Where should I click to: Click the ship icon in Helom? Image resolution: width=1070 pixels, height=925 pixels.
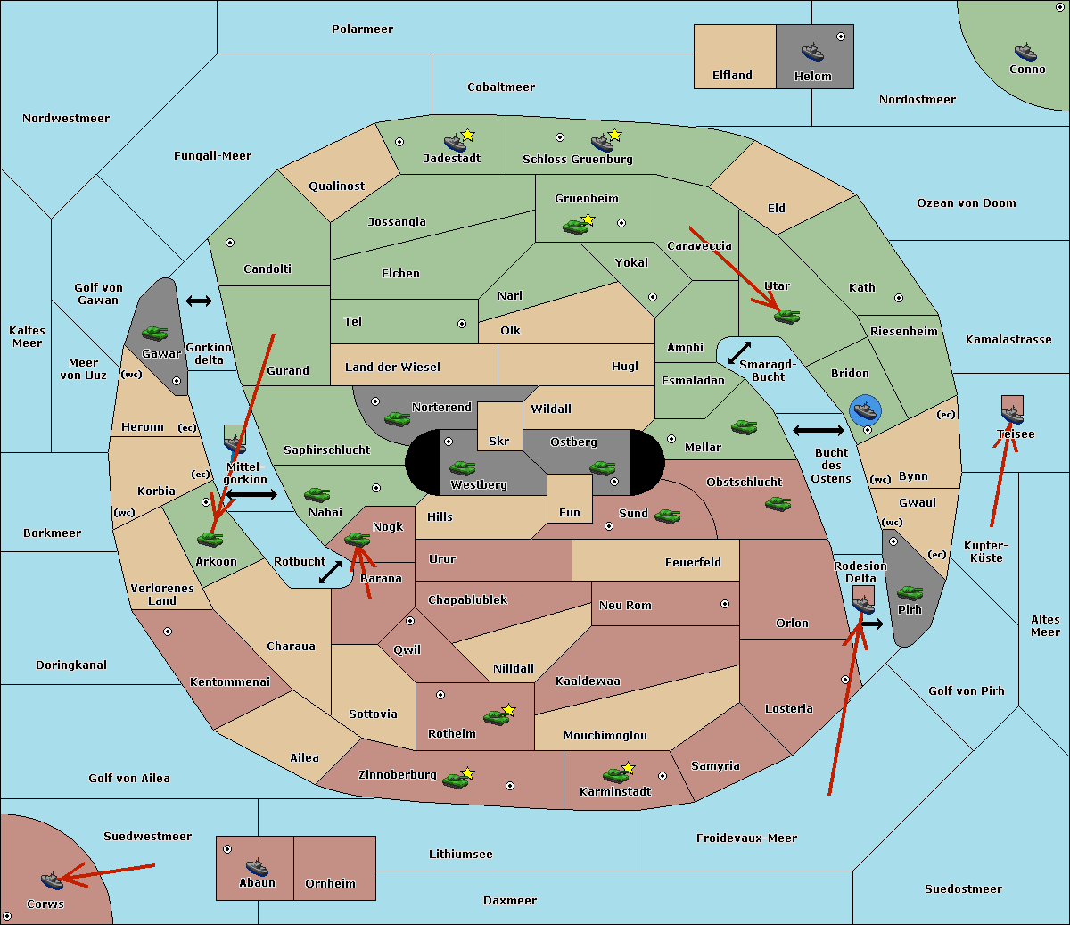(x=812, y=53)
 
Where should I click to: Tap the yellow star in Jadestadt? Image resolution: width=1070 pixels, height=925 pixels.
(x=467, y=135)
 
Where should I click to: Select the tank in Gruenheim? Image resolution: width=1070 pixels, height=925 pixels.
(x=575, y=227)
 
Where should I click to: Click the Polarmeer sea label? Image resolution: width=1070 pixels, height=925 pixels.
(x=362, y=29)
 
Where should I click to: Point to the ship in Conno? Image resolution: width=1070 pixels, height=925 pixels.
(x=1025, y=53)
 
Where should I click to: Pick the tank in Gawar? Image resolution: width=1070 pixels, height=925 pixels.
(x=155, y=333)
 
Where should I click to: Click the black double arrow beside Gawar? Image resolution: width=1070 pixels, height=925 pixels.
(x=199, y=301)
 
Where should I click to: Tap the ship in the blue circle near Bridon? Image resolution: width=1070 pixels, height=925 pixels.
(x=865, y=410)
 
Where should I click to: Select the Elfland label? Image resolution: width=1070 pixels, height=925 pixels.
(x=732, y=76)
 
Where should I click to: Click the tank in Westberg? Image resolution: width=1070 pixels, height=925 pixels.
(x=462, y=467)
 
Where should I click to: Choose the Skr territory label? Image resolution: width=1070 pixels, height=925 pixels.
(x=498, y=441)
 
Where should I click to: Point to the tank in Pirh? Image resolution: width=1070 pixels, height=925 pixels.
(x=909, y=592)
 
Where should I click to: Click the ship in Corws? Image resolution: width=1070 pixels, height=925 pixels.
(x=53, y=880)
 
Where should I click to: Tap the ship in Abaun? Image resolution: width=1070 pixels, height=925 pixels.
(x=258, y=867)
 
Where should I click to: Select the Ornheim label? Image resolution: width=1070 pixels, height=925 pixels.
(x=330, y=884)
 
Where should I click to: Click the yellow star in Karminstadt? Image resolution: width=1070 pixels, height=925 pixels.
(x=628, y=767)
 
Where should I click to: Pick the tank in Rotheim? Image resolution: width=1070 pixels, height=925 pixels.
(x=496, y=717)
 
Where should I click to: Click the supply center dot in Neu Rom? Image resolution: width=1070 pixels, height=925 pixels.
(x=725, y=604)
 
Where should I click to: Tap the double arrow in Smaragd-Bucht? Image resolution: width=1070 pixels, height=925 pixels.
(x=739, y=352)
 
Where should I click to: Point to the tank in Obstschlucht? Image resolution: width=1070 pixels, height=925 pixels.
(x=778, y=503)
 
